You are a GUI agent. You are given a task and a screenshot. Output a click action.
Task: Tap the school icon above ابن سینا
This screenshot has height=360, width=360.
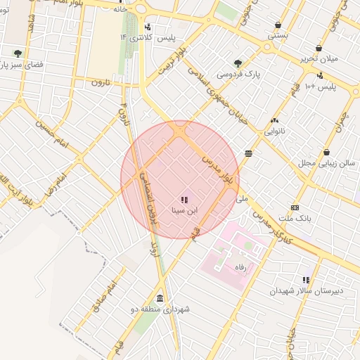pos(184,200)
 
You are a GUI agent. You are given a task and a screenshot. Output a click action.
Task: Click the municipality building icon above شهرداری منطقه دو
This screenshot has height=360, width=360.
pos(160,298)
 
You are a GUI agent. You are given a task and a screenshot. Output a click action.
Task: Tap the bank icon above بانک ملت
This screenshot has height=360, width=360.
pos(294,207)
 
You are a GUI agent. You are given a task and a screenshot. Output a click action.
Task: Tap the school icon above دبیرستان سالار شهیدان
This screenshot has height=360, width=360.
pos(306,280)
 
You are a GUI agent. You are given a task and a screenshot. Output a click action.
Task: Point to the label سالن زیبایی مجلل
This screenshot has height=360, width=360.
pos(326,162)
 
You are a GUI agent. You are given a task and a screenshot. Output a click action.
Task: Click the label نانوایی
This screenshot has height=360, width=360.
pos(274,131)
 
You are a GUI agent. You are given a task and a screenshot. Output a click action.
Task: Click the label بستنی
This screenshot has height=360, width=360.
pos(277,34)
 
